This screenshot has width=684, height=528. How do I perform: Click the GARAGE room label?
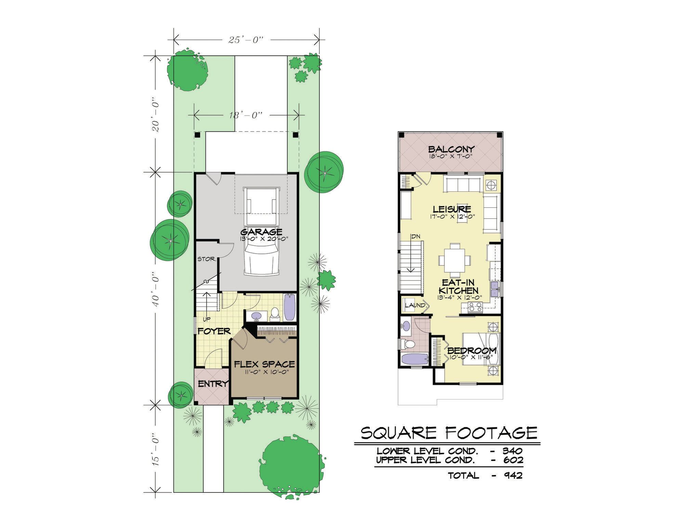[261, 232]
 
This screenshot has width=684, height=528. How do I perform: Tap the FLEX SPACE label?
[264, 364]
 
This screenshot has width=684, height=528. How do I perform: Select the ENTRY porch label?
[213, 384]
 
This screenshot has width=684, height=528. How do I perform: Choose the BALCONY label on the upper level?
[451, 149]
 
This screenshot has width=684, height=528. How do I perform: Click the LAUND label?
[415, 305]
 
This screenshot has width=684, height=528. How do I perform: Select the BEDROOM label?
[472, 351]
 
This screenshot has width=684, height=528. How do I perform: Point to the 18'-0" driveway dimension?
[246, 115]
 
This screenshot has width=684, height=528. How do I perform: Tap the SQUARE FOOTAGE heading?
[449, 433]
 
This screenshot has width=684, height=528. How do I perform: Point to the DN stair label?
[416, 236]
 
